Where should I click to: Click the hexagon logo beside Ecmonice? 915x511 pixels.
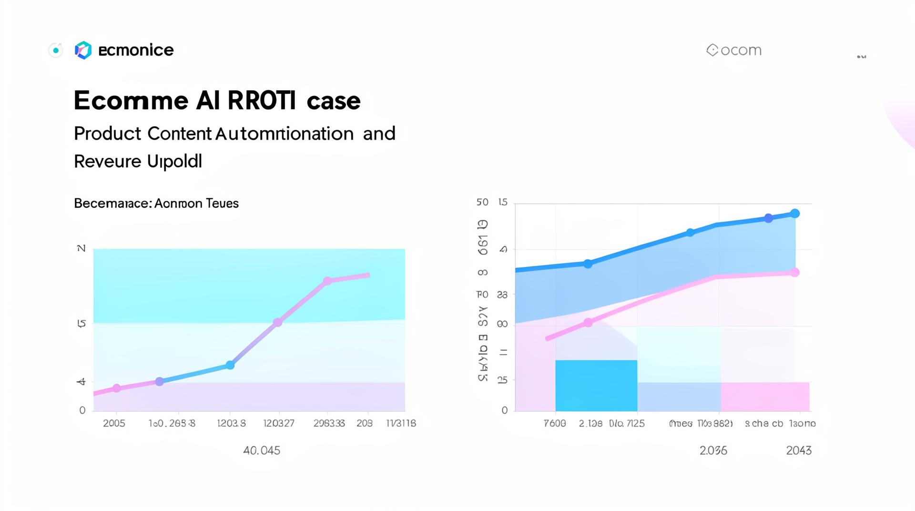[83, 50]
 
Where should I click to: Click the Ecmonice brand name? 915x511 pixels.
[136, 50]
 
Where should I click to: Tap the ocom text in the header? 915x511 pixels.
[741, 50]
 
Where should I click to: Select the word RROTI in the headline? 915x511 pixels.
[261, 101]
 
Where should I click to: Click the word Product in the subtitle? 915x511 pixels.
[107, 133]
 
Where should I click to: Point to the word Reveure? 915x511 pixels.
[107, 161]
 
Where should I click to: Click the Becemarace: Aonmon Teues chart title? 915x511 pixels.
[156, 204]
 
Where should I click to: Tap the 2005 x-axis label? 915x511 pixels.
[114, 423]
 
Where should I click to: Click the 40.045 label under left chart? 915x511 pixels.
[262, 450]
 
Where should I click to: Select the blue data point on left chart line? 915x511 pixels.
[230, 365]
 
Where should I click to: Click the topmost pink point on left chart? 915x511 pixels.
[327, 281]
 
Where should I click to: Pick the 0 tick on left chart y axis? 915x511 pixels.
[82, 410]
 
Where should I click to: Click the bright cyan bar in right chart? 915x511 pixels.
[596, 386]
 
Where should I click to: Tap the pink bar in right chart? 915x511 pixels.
[765, 397]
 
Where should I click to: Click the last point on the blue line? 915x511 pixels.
[795, 214]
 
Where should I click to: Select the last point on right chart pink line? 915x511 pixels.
[795, 273]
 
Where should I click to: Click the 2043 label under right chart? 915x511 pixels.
[799, 450]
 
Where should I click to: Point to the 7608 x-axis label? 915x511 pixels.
[555, 423]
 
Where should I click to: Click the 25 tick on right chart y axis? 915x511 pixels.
[502, 380]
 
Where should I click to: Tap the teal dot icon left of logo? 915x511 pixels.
[56, 50]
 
